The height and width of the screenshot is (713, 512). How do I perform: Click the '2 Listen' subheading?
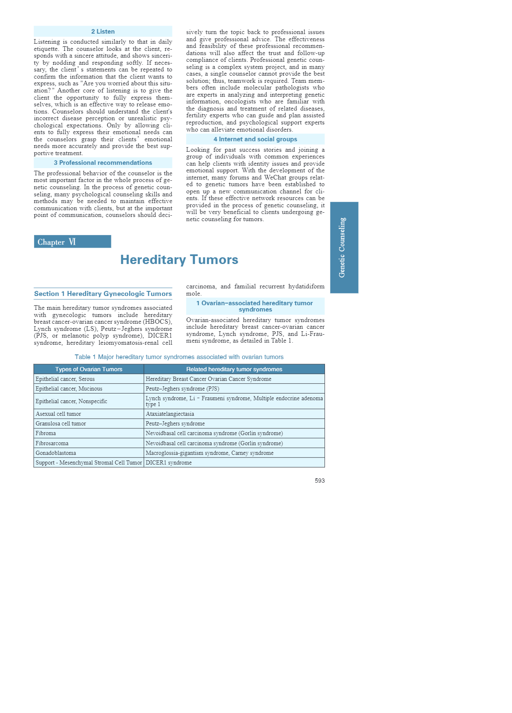pyautogui.click(x=103, y=32)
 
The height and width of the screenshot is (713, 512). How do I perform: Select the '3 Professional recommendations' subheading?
pyautogui.click(x=103, y=163)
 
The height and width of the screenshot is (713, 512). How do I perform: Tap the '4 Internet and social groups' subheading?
pyautogui.click(x=255, y=139)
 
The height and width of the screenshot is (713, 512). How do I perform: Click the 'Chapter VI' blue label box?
pyautogui.click(x=72, y=242)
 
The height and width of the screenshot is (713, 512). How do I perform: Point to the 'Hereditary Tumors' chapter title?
pyautogui.click(x=179, y=260)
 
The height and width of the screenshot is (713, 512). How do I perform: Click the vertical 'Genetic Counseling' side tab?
pyautogui.click(x=344, y=247)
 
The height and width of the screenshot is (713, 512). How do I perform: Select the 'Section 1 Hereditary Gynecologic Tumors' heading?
pyautogui.click(x=103, y=294)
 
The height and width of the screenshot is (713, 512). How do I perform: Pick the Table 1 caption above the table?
pyautogui.click(x=179, y=357)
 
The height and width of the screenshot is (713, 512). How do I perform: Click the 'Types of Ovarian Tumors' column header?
pyautogui.click(x=89, y=369)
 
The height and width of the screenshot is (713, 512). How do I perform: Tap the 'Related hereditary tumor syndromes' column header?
pyautogui.click(x=234, y=369)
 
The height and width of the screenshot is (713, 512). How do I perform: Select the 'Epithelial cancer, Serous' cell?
pyautogui.click(x=65, y=379)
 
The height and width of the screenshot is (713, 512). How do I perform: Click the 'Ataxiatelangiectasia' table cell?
pyautogui.click(x=170, y=414)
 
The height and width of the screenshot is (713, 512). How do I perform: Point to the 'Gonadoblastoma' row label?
pyautogui.click(x=56, y=453)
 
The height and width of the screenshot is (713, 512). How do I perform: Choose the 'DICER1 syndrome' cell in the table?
pyautogui.click(x=169, y=463)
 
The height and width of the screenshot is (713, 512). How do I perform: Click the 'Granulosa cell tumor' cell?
pyautogui.click(x=61, y=424)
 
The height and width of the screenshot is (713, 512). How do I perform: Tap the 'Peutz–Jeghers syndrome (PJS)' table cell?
pyautogui.click(x=182, y=389)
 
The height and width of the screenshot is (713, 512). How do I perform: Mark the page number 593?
pyautogui.click(x=319, y=481)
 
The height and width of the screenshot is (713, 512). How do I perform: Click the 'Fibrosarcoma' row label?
pyautogui.click(x=52, y=444)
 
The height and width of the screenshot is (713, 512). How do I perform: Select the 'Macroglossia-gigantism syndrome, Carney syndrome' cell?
pyautogui.click(x=209, y=453)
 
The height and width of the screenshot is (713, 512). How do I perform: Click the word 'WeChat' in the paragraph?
pyautogui.click(x=275, y=177)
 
